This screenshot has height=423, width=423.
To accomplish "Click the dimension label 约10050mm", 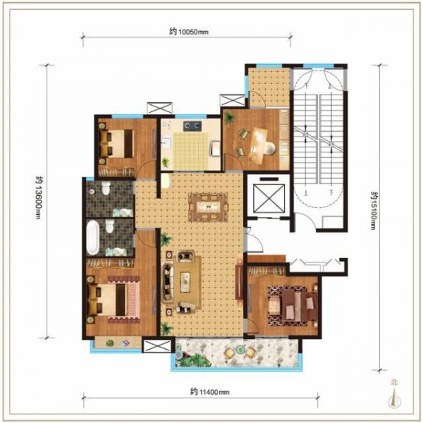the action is click(x=189, y=32).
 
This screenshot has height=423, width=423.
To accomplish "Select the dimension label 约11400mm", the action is click(x=209, y=391).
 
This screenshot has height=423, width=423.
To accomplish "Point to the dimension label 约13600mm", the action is click(x=39, y=197).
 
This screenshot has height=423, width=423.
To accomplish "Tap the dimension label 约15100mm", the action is click(x=374, y=211).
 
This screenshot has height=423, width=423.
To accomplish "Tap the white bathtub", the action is click(x=92, y=238).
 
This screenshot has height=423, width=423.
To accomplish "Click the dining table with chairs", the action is click(x=208, y=207).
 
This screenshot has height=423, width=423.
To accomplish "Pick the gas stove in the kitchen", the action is click(x=192, y=125).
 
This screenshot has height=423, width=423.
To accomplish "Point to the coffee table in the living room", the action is click(x=185, y=281).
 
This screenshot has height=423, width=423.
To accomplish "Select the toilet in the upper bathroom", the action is click(x=106, y=188).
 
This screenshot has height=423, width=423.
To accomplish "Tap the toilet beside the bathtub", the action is click(x=109, y=226).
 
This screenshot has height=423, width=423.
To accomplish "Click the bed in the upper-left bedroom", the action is click(x=117, y=144).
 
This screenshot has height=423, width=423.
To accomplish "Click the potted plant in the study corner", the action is click(x=229, y=117).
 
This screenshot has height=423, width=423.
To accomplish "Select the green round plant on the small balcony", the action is click(x=110, y=343).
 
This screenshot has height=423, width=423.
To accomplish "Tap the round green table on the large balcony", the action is click(x=240, y=350).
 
